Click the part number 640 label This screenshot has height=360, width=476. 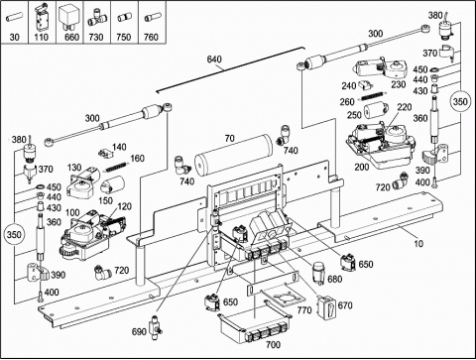tap(214, 60)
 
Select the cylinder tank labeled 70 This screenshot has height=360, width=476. tap(233, 155)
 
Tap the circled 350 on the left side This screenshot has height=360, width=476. tap(14, 235)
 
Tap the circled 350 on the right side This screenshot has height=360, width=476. tap(460, 101)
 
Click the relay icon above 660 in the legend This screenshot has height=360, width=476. tap(68, 17)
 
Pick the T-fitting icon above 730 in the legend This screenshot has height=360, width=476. tap(96, 18)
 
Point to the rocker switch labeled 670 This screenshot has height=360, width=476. tap(327, 307)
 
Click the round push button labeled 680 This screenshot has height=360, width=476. tap(319, 272)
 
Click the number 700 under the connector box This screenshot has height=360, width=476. tap(273, 345)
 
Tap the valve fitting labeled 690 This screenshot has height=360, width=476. tap(154, 327)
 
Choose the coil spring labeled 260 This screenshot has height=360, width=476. tap(371, 95)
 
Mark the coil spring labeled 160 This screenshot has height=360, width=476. tap(116, 167)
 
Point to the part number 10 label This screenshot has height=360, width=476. tap(418, 244)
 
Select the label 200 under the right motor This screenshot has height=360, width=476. tap(362, 168)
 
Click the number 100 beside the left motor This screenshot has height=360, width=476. tap(72, 212)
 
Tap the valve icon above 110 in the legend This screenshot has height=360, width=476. tap(41, 17)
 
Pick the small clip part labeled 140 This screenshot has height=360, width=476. tap(104, 153)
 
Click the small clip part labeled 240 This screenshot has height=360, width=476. tap(366, 84)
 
